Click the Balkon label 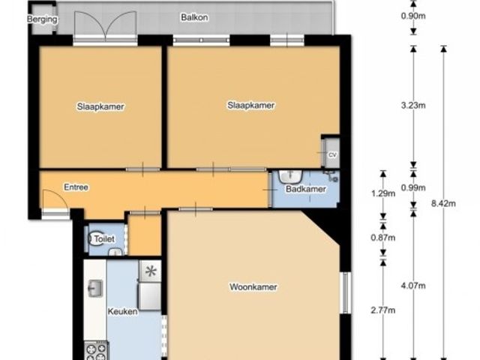[x=194, y=17]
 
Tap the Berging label [x=42, y=19]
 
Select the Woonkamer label [x=253, y=286]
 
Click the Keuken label [x=122, y=312]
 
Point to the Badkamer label [x=306, y=189]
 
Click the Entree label [x=76, y=187]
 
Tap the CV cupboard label [x=332, y=155]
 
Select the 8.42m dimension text [x=443, y=203]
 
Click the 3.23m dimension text [x=413, y=106]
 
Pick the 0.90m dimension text [x=413, y=16]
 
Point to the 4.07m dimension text [x=413, y=286]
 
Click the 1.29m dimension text [x=383, y=193]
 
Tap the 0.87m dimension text [x=383, y=237]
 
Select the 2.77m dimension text [x=383, y=310]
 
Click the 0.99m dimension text [x=413, y=187]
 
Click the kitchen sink [x=95, y=288]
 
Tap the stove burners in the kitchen [x=95, y=352]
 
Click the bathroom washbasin [x=290, y=176]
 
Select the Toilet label [x=104, y=238]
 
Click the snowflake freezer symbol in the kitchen [x=150, y=271]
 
